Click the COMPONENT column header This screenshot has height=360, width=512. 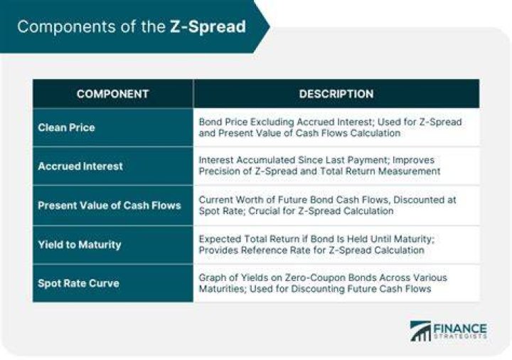pyautogui.click(x=112, y=94)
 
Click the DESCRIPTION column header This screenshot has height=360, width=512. pyautogui.click(x=336, y=94)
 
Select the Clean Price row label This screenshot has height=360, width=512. pyautogui.click(x=66, y=127)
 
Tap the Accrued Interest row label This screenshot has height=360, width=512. pyautogui.click(x=80, y=166)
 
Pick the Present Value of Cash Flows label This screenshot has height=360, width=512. pyautogui.click(x=110, y=206)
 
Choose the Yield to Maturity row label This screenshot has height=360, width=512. pyautogui.click(x=80, y=245)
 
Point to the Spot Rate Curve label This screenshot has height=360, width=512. pyautogui.click(x=78, y=283)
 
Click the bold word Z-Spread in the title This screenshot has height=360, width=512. pyautogui.click(x=208, y=27)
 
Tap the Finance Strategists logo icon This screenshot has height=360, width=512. pyautogui.click(x=420, y=332)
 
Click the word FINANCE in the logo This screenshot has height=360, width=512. pyautogui.click(x=460, y=328)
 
